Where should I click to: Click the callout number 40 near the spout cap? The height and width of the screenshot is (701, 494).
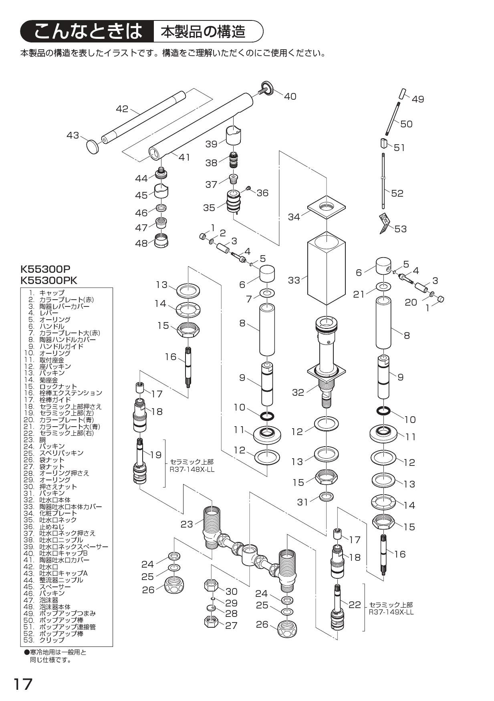pos(290,97)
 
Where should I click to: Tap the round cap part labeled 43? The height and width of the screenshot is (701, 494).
pos(93,147)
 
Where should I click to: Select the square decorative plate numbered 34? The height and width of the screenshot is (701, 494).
pos(327,208)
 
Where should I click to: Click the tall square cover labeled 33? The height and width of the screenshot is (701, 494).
pos(326,272)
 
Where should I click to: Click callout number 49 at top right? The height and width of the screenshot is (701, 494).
pos(418,99)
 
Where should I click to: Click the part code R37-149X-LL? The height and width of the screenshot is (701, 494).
pos(391,612)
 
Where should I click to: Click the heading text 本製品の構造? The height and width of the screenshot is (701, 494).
pos(204,32)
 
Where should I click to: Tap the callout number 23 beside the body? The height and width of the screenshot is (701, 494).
pos(187,524)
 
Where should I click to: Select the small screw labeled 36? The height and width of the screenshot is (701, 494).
pos(248,188)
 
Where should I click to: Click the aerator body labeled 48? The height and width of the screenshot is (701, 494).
pos(161,242)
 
